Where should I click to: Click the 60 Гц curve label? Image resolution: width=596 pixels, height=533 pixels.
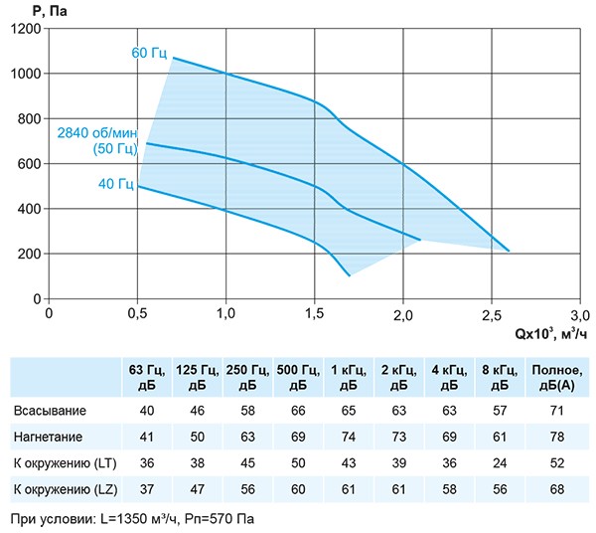pyautogui.click(x=151, y=53)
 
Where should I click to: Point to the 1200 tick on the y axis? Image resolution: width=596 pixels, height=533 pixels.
pyautogui.click(x=26, y=29)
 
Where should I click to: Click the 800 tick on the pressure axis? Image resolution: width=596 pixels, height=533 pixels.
pyautogui.click(x=30, y=119)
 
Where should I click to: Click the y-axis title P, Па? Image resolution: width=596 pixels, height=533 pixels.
pyautogui.click(x=31, y=9)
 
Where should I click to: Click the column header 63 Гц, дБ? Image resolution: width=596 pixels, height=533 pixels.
pyautogui.click(x=147, y=377)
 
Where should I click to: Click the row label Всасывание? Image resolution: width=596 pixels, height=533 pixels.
pyautogui.click(x=50, y=411)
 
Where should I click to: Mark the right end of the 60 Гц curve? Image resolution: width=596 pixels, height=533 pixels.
pyautogui.click(x=509, y=251)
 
